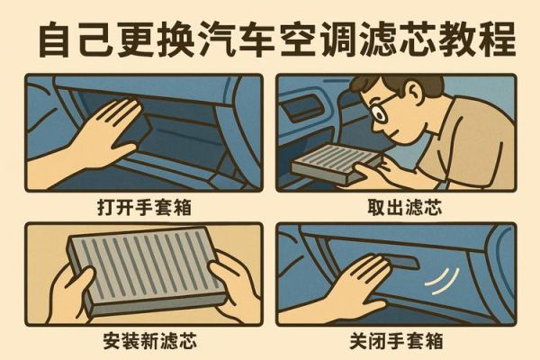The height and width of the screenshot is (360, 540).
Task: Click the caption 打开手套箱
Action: (x=145, y=206)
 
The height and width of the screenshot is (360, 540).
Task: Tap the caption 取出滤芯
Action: (x=396, y=206)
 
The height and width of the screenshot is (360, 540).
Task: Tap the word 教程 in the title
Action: (x=476, y=39)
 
